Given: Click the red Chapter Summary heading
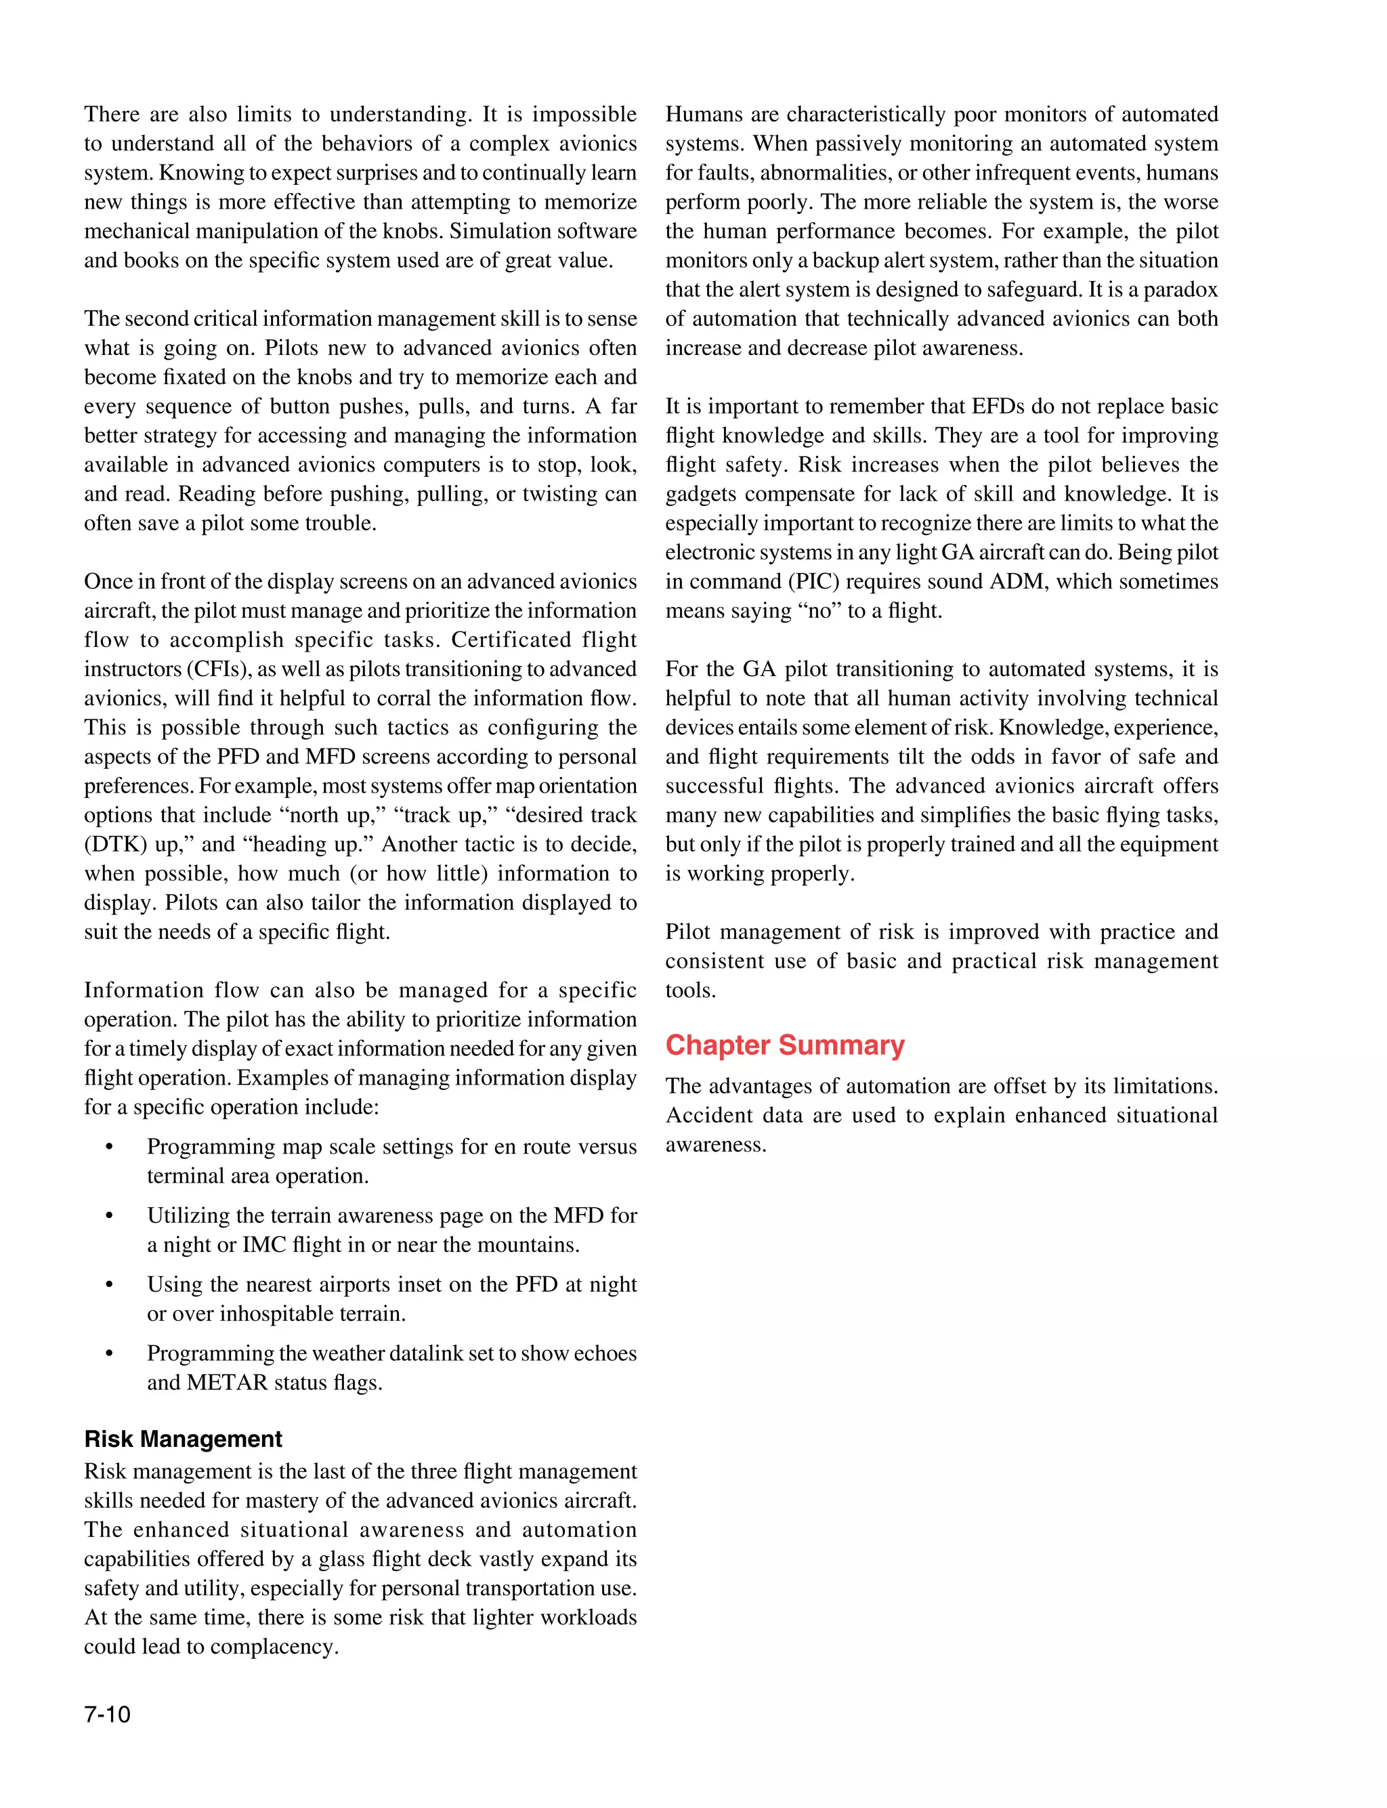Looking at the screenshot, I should [x=784, y=1045].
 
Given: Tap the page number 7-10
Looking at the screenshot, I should [x=107, y=1715].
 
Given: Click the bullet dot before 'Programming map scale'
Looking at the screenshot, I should [x=109, y=1148].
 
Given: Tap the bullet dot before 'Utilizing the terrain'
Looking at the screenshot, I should [x=109, y=1216].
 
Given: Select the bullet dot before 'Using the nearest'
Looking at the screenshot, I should [x=109, y=1286].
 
